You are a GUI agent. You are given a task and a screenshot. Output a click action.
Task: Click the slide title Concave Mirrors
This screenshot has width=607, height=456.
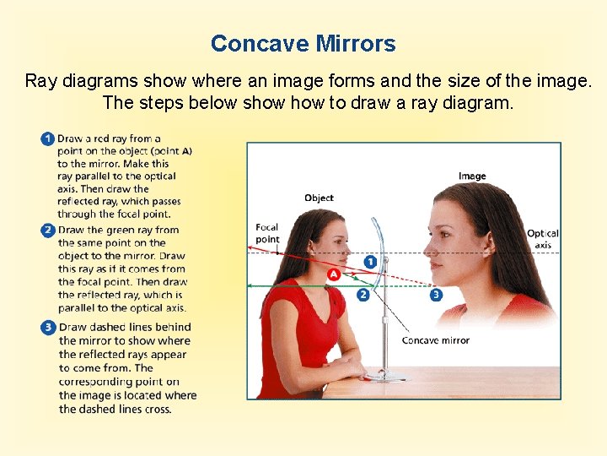pos(303,44)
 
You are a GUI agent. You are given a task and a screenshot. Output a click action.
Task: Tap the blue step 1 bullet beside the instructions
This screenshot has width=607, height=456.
pos(47,138)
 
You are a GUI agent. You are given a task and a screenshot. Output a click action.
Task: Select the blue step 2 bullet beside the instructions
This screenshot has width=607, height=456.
pos(47,230)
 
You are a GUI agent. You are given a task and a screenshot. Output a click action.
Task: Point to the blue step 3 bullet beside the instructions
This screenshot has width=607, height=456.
pos(47,328)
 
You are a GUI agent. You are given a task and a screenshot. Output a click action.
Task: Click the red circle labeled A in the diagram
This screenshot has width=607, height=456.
pos(334,275)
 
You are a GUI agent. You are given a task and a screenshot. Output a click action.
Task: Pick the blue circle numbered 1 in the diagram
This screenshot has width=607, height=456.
pos(370,262)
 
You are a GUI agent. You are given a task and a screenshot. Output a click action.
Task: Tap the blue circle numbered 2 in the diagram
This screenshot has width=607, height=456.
pos(363,295)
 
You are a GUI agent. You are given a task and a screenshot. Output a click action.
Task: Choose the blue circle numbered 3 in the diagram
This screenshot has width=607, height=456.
pos(435,295)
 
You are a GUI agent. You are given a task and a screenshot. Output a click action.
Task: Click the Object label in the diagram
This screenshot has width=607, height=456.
pos(320,198)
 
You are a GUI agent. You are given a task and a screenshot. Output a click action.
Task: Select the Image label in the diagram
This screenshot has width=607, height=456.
pos(472,176)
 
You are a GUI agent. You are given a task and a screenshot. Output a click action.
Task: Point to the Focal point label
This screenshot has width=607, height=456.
pos(267,233)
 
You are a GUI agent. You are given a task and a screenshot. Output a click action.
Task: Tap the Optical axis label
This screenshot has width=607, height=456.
pos(543,239)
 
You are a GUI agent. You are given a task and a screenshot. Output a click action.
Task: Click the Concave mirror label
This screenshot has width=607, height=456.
pos(435,340)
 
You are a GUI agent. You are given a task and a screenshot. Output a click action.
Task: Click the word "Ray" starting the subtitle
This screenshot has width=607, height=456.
pos(40,81)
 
